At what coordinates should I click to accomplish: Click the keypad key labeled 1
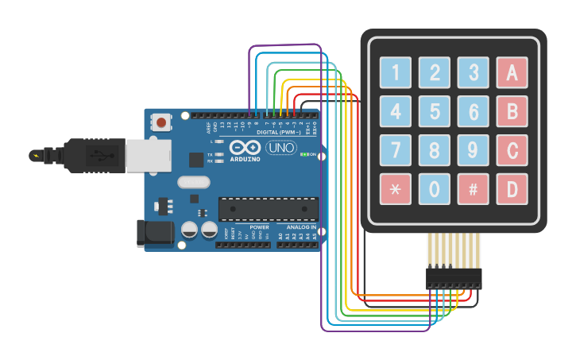396,73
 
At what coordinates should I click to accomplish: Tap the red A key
512,73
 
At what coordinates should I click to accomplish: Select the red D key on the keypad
512,189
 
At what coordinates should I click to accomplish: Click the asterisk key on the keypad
396,189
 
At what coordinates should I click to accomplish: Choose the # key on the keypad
474,189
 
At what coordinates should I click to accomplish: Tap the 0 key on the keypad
435,189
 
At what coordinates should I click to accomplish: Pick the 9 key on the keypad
474,150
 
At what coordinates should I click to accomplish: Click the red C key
512,150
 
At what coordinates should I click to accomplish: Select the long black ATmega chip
269,209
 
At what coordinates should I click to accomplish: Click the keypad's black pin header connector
454,278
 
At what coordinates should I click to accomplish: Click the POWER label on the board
259,227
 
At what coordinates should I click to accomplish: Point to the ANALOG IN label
302,227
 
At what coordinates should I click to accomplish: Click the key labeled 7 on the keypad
396,150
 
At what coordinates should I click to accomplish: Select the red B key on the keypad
512,111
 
